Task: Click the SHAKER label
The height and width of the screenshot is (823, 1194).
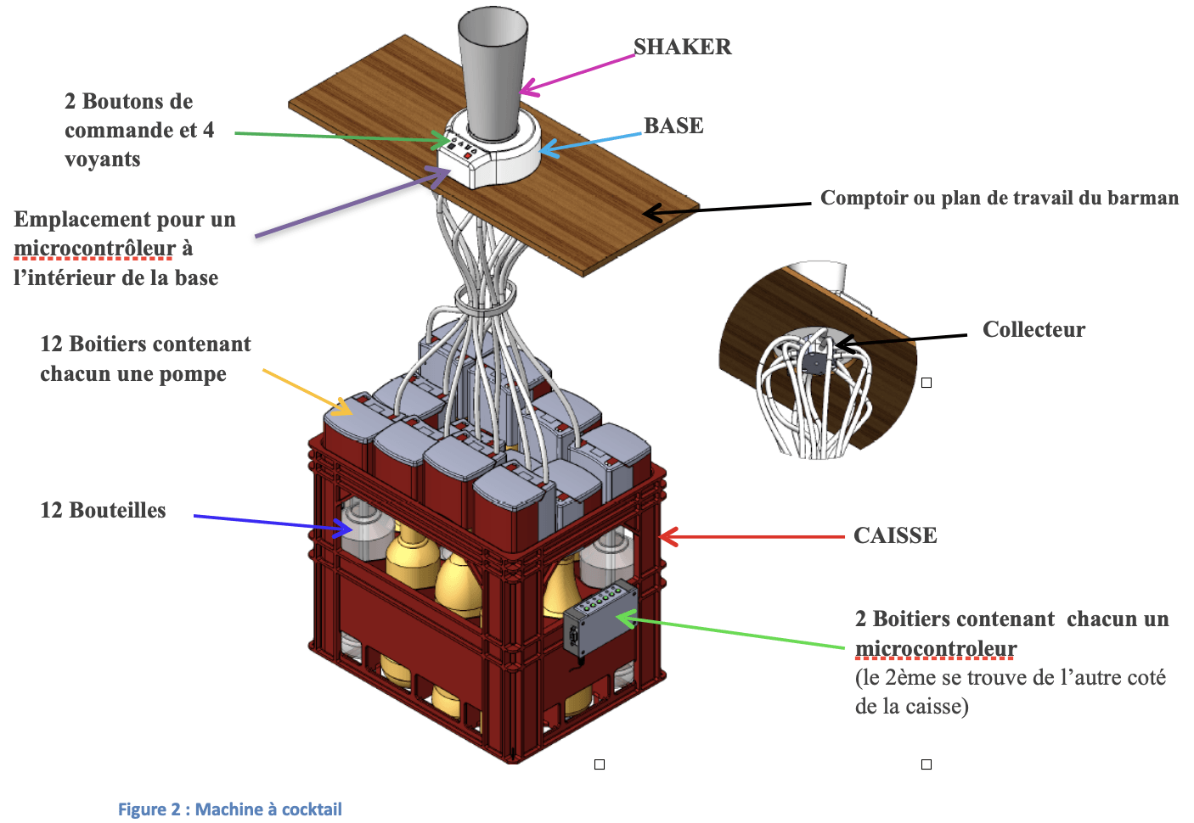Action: pyautogui.click(x=682, y=47)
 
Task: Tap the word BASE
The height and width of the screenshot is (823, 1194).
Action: pyautogui.click(x=673, y=126)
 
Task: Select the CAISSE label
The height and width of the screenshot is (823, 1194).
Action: pyautogui.click(x=895, y=535)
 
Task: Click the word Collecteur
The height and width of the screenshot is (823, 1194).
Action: pyautogui.click(x=1033, y=329)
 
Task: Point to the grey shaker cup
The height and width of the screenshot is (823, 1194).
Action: pyautogui.click(x=493, y=72)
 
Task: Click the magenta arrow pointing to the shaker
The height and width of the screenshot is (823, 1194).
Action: pyautogui.click(x=577, y=72)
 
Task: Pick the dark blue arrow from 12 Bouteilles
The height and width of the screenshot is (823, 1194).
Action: pyautogui.click(x=272, y=522)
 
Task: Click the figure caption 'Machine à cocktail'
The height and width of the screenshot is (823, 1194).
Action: pyautogui.click(x=229, y=809)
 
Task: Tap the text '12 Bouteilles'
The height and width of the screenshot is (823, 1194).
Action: pyautogui.click(x=103, y=510)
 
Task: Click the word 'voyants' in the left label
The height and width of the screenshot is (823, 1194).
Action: pyautogui.click(x=102, y=160)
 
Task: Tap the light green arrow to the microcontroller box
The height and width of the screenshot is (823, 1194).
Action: pyautogui.click(x=730, y=632)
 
